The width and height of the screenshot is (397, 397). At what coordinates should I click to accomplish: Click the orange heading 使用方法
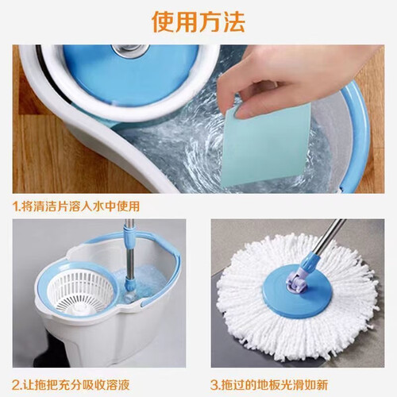tap(198, 22)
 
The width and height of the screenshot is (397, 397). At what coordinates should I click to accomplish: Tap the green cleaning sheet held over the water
tap(268, 145)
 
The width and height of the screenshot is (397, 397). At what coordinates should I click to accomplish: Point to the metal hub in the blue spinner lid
tap(130, 50)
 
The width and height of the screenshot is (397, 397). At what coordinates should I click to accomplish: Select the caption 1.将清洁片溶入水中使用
tap(76, 206)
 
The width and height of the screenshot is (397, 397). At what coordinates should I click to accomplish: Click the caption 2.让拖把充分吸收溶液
tap(71, 384)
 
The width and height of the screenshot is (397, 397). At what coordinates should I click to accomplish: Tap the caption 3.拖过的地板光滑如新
tap(269, 384)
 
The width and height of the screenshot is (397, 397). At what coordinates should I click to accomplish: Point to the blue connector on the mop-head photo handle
tap(310, 262)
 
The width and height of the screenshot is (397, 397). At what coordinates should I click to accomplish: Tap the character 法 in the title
tap(233, 22)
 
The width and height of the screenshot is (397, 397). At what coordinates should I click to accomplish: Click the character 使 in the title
tap(163, 22)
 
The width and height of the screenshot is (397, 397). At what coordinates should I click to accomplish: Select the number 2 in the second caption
tap(16, 384)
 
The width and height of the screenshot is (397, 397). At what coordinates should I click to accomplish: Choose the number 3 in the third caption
tap(214, 384)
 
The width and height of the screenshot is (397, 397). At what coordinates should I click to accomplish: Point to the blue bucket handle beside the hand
tap(356, 133)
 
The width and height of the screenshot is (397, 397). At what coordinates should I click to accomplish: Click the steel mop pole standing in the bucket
tap(129, 254)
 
